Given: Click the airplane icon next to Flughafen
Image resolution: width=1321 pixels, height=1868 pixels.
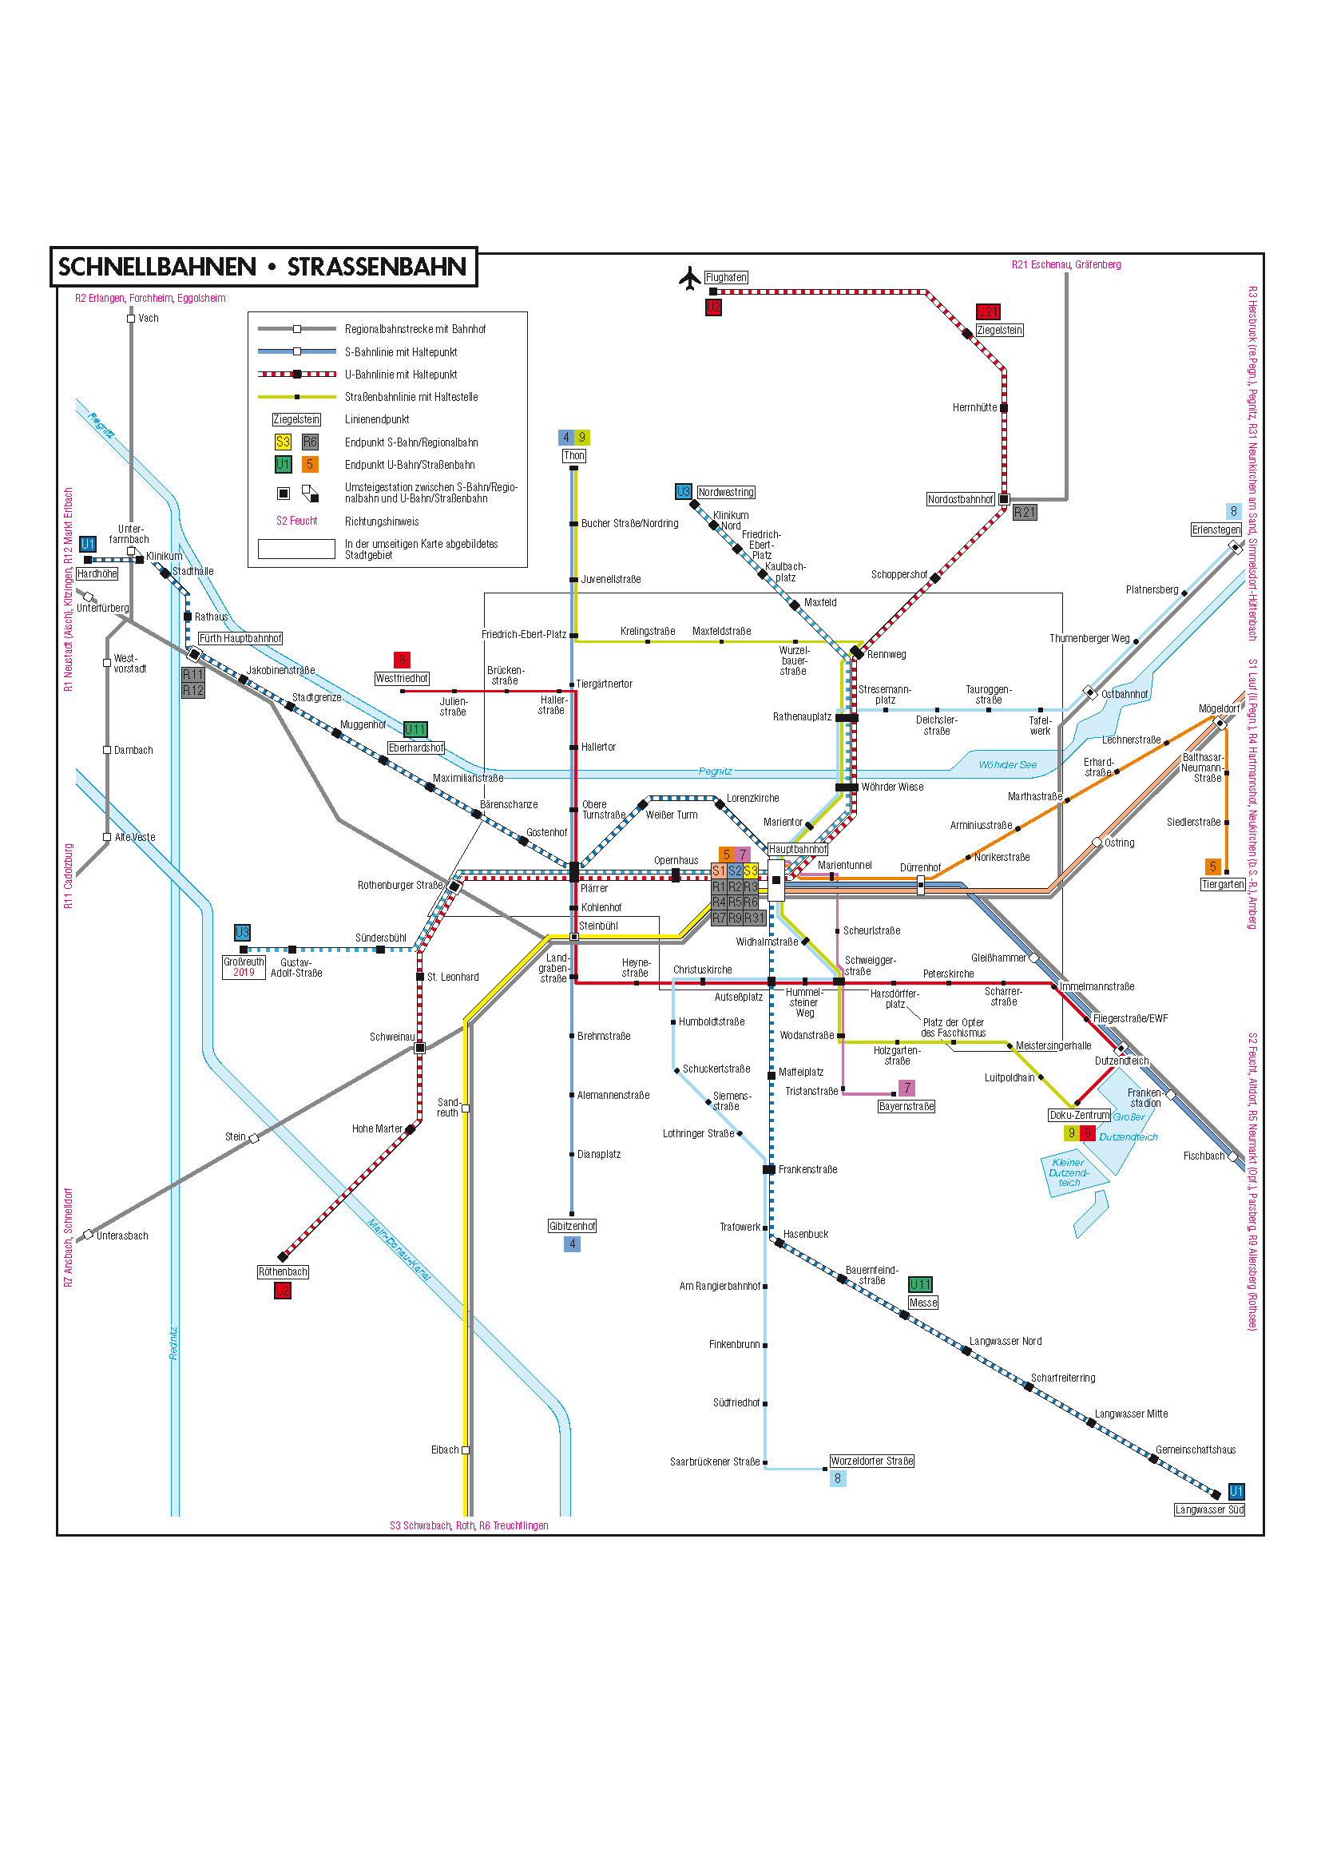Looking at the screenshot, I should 689,277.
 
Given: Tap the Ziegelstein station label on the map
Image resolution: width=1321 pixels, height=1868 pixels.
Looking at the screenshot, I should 999,331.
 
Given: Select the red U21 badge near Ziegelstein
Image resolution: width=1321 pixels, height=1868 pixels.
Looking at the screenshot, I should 987,311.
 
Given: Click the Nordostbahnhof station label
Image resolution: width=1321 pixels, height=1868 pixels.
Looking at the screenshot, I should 960,499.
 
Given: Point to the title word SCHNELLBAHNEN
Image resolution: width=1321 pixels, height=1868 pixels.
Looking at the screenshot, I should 157,267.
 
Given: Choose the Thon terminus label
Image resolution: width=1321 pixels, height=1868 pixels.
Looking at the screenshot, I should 573,455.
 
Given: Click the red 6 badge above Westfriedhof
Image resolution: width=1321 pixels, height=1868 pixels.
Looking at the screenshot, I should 401,660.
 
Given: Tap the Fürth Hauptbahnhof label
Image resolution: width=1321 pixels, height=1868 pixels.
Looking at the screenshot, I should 240,639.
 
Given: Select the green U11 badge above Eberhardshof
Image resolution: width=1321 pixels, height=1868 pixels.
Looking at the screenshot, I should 415,730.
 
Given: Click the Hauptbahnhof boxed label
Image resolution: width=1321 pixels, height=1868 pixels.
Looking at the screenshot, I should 797,850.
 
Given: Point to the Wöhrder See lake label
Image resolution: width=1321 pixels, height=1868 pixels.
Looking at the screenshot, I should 1007,765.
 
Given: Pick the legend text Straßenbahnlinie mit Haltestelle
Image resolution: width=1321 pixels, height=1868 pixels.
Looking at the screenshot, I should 411,397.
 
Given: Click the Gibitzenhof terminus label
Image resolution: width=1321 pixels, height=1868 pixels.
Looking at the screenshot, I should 572,1226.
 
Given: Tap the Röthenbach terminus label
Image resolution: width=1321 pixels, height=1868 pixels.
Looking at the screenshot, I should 282,1271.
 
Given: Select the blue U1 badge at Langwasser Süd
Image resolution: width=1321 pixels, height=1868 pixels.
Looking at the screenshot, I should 1236,1491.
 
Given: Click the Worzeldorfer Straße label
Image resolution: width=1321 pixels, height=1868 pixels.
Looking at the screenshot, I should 871,1461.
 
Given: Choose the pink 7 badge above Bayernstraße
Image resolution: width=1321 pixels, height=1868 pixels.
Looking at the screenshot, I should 907,1088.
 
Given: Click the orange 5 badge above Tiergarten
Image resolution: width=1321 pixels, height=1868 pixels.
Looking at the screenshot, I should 1212,867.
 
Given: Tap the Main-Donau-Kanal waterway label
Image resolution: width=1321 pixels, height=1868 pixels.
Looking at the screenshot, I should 398,1251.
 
